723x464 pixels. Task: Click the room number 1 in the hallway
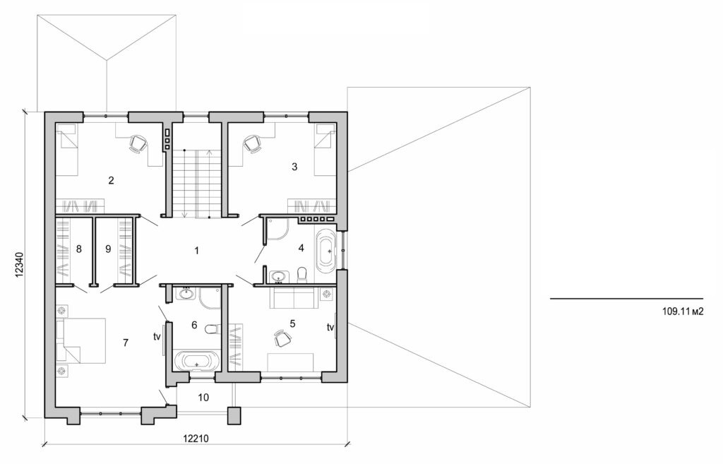click(197, 251)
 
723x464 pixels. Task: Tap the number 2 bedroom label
click(111, 180)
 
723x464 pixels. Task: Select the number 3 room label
click(294, 167)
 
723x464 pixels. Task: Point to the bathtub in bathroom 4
click(326, 251)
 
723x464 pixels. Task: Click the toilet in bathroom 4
click(302, 273)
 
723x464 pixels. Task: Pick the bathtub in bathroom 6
click(196, 362)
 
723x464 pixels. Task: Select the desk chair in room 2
click(137, 143)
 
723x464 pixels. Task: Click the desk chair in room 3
click(253, 143)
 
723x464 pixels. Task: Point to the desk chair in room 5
click(282, 340)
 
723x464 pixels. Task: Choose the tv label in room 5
click(330, 328)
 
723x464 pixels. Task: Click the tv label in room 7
click(157, 337)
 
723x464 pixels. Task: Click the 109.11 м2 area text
click(683, 310)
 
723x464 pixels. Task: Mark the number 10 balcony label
click(203, 398)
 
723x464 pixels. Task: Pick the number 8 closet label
click(78, 249)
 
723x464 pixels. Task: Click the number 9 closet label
click(107, 249)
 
